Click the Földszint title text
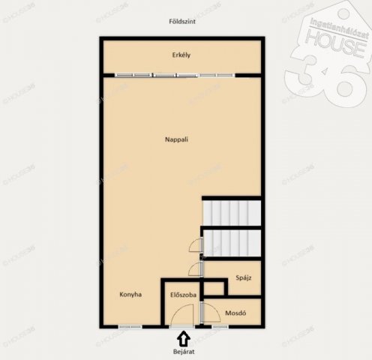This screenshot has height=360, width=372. click(x=182, y=22)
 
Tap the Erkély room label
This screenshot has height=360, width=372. click(x=181, y=55)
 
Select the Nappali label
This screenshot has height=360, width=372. click(x=176, y=139)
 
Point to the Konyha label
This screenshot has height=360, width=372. click(x=130, y=295)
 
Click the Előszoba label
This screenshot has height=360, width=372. click(x=183, y=295)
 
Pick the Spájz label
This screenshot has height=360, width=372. click(x=244, y=277)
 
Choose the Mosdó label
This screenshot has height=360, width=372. click(x=235, y=313)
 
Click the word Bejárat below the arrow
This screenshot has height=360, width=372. click(x=184, y=352)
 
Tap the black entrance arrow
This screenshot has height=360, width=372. click(x=184, y=339)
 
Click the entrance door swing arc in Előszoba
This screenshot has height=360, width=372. click(x=179, y=309)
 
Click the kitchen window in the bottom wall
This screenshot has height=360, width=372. click(x=130, y=326)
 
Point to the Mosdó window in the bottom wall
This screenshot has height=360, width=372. click(x=220, y=326)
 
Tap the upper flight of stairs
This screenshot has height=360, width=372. click(x=232, y=213)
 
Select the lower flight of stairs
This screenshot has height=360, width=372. click(x=232, y=243)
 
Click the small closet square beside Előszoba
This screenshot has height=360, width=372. click(x=214, y=289)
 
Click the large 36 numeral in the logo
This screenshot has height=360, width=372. click(x=328, y=80)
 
